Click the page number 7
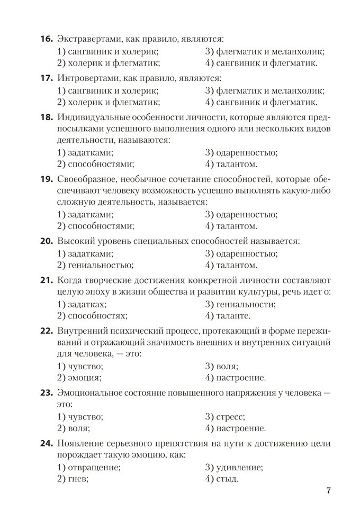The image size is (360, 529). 328,490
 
